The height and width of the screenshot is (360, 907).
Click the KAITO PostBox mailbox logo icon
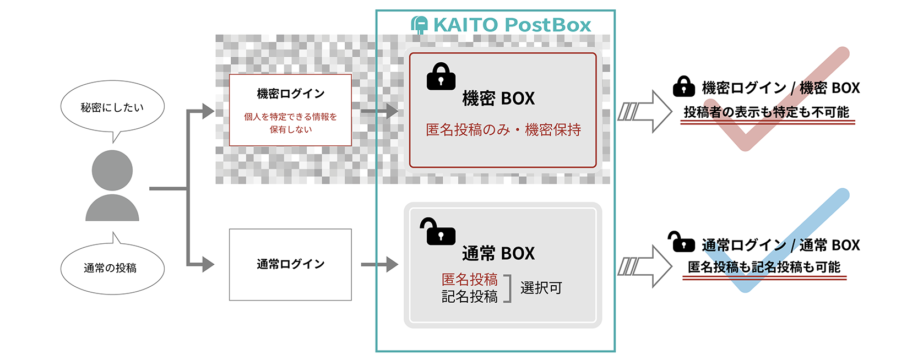click(420, 25)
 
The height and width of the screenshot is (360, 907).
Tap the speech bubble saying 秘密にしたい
click(112, 106)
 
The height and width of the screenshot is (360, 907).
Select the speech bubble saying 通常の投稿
click(112, 268)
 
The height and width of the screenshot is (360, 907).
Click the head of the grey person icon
click(112, 171)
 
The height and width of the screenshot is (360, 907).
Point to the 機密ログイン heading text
click(291, 94)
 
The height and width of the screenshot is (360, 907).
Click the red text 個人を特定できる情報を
click(291, 117)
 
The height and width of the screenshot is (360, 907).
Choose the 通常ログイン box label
click(291, 264)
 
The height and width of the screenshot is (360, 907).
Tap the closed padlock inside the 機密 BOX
click(441, 76)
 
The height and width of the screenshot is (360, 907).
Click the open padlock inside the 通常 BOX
click(438, 231)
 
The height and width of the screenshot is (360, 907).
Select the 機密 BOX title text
click(498, 99)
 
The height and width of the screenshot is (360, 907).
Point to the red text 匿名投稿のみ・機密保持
click(503, 129)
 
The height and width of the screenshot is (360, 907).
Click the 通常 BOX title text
click(498, 254)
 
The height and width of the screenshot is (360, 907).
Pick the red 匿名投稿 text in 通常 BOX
click(469, 280)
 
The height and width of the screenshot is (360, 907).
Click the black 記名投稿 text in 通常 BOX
click(469, 297)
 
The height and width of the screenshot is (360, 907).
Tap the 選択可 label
click(541, 288)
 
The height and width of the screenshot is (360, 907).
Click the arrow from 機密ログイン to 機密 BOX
click(380, 111)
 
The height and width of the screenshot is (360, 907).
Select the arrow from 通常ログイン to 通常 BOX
click(380, 264)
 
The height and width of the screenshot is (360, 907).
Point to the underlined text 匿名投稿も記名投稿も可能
click(764, 268)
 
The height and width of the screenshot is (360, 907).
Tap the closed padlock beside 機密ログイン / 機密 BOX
click(684, 86)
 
